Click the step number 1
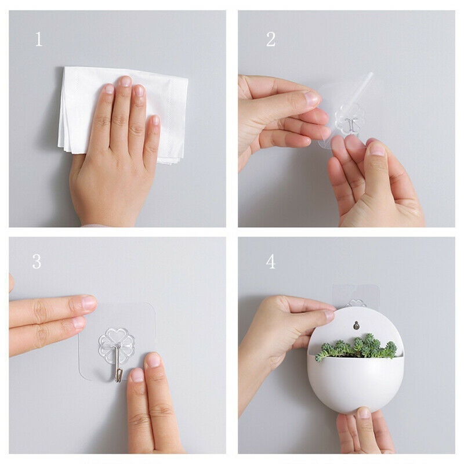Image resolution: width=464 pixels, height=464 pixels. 39,39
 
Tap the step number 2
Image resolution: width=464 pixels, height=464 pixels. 271,39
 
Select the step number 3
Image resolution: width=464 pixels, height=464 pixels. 37,262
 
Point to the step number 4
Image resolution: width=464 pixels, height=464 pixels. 271,262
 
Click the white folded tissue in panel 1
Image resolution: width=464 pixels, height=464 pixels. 123,114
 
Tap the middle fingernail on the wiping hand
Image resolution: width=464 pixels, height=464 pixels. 126,81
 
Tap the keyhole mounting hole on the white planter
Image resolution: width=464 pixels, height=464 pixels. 356,325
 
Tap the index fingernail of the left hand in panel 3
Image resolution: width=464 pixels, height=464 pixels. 88,302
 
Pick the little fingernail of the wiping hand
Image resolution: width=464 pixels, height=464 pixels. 155,120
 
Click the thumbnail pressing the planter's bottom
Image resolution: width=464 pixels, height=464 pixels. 364,412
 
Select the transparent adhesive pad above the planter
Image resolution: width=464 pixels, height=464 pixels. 356,296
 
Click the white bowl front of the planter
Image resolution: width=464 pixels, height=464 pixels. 355,382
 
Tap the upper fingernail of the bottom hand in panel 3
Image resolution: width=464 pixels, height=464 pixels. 153,360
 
